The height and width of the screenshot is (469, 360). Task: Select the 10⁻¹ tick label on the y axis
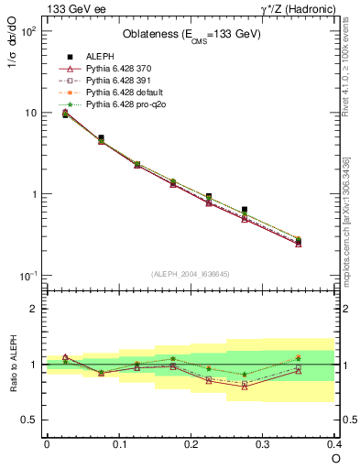click(27, 276)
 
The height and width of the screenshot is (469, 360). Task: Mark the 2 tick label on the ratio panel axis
click(33, 309)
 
